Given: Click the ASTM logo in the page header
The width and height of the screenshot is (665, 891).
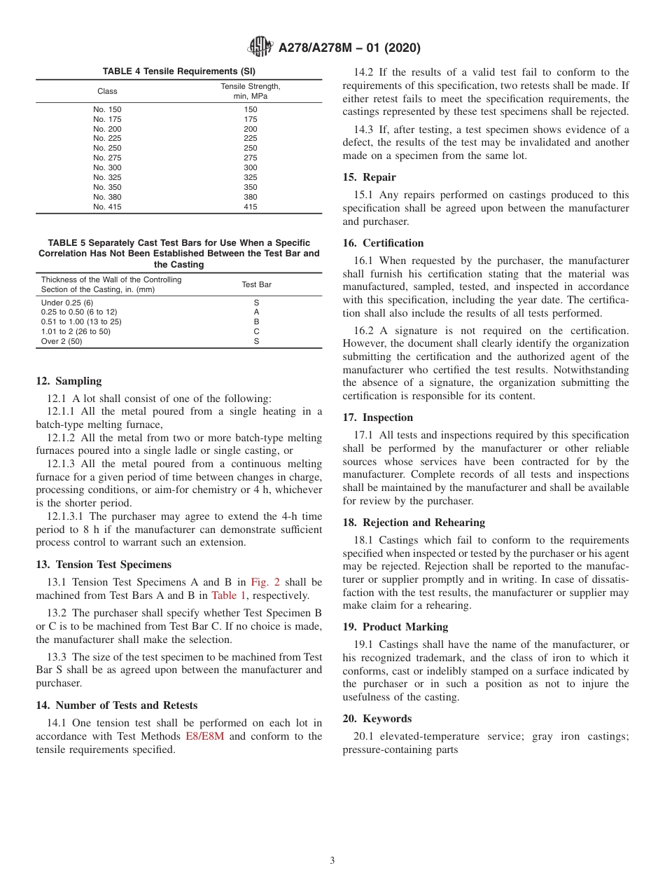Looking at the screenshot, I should tap(260, 48).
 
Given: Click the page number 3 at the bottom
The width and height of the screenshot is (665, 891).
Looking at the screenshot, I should tap(332, 860).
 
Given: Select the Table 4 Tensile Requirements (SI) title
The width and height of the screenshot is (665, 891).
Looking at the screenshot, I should tap(179, 71).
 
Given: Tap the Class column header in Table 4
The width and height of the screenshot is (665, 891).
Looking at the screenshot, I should tap(107, 91).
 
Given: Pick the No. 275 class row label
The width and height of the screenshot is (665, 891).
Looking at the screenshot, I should tap(107, 158).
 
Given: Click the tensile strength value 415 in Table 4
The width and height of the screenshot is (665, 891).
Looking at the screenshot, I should tap(250, 207).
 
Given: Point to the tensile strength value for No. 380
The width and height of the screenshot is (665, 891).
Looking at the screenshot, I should tap(250, 197).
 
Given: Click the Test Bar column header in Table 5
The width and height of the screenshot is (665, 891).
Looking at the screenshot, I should tap(256, 284).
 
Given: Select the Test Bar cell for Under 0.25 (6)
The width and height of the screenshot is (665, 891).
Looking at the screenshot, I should tap(256, 303).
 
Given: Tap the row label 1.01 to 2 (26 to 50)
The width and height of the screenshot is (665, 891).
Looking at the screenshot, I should tap(76, 331).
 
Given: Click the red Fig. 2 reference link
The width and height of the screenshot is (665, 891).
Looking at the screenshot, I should tap(266, 582).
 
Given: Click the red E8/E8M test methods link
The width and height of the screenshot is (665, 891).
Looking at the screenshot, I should tap(204, 736).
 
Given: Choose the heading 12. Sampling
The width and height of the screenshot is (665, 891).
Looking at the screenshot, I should tap(69, 381).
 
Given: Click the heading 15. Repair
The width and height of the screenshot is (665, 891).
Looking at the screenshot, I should tap(369, 177).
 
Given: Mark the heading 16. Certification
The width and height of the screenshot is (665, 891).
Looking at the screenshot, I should tap(383, 243).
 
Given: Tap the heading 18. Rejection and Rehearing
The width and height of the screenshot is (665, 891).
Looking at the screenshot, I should tap(414, 523).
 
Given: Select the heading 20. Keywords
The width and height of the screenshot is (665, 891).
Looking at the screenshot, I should tap(377, 719).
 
